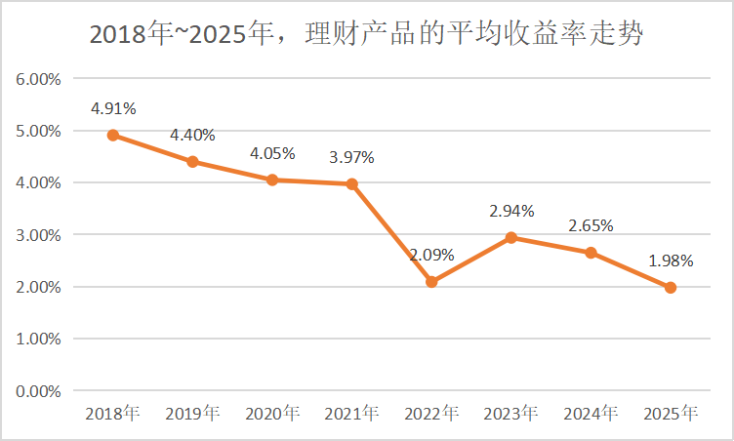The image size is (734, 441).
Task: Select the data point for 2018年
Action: point(113,136)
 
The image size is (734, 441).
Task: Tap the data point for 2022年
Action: point(431,282)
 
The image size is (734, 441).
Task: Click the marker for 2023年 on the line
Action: point(511,237)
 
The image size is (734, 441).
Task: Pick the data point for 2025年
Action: point(671,288)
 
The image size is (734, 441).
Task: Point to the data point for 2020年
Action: point(272,180)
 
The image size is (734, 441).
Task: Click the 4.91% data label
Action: point(113,108)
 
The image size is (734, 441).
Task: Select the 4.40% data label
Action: point(192,135)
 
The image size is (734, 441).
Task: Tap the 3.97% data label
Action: point(351,157)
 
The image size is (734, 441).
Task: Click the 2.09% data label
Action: point(431,256)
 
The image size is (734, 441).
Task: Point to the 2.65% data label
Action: point(591,225)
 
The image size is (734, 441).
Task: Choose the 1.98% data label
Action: point(671,261)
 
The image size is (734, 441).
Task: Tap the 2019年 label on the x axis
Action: point(192,414)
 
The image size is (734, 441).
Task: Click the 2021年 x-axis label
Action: point(351,414)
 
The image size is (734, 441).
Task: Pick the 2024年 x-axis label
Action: point(591,414)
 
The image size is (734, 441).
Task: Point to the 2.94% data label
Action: point(511,211)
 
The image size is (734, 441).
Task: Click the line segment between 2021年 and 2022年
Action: point(391,233)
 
